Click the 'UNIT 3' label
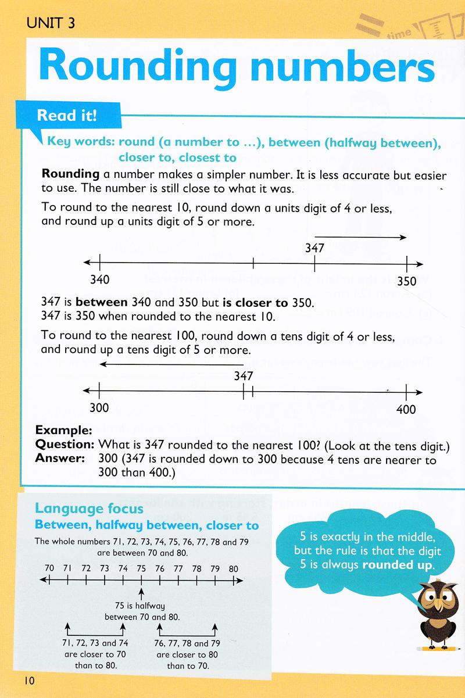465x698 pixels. point(51,23)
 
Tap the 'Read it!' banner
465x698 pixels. point(66,114)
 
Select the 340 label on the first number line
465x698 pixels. point(100,280)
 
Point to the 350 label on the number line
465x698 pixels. point(406,281)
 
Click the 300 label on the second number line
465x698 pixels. point(99,407)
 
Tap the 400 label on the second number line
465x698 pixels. point(406,409)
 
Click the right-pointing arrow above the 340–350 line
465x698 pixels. point(360,237)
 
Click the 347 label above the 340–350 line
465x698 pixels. point(314,249)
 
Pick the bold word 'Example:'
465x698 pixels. point(64,431)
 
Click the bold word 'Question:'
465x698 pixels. point(65,445)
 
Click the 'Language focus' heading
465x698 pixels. point(90,509)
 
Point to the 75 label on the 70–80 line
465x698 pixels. point(141,568)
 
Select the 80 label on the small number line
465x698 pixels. point(233,568)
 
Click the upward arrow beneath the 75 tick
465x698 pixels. point(141,593)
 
